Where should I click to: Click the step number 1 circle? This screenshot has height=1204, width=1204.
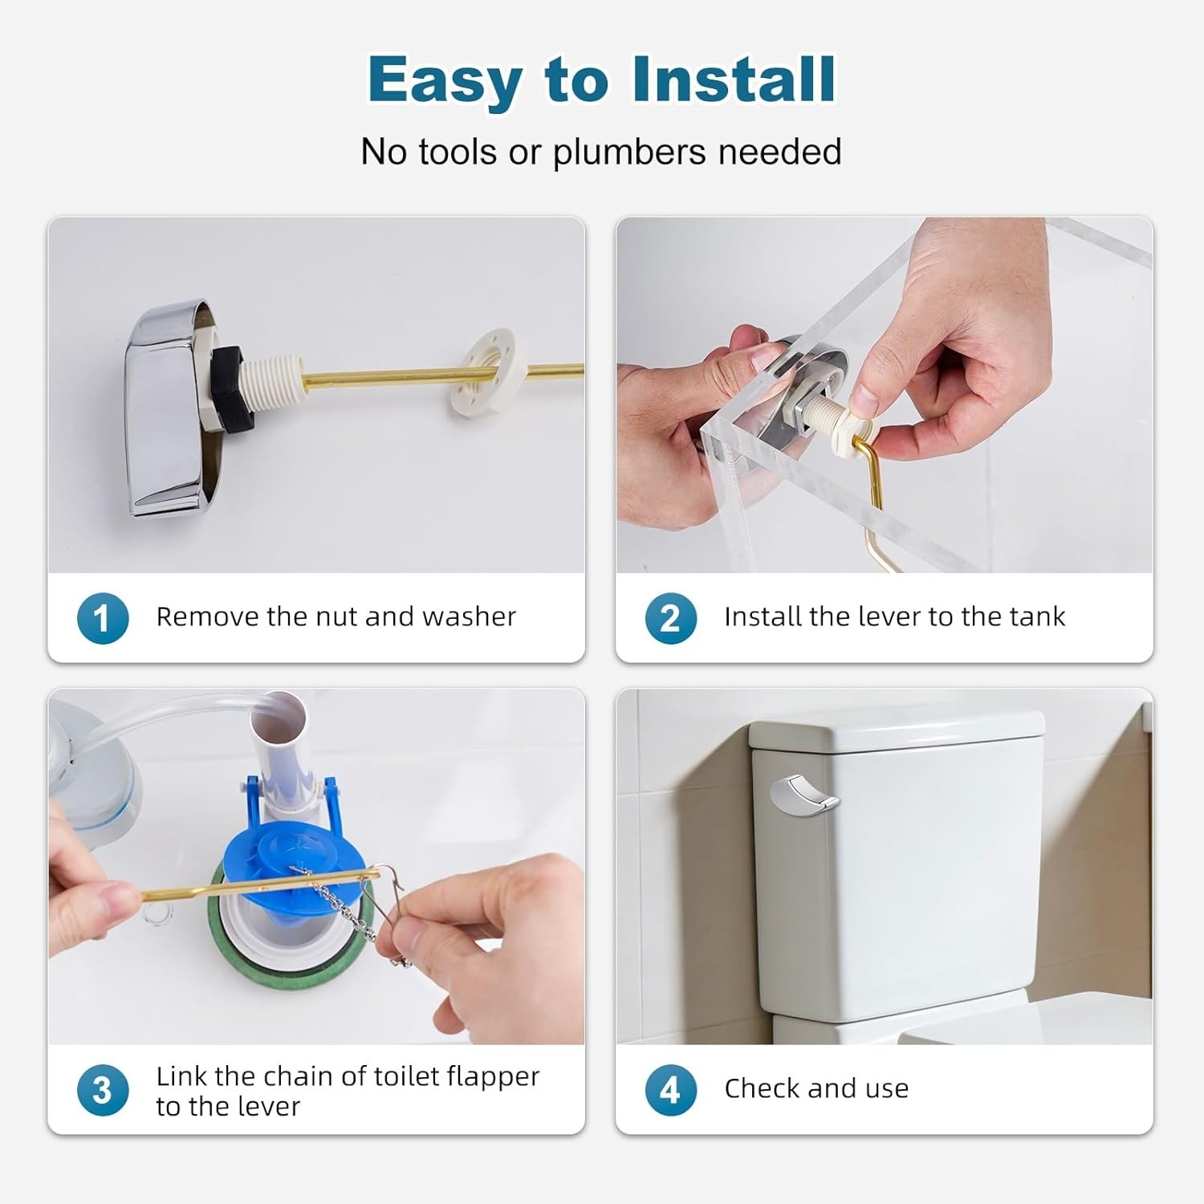pyautogui.click(x=103, y=618)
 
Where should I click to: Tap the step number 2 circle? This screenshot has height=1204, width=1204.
pyautogui.click(x=670, y=618)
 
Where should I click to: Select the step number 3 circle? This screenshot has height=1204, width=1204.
pyautogui.click(x=103, y=1090)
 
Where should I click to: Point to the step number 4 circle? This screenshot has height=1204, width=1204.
pyautogui.click(x=670, y=1090)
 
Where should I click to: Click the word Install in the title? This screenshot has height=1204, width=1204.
pyautogui.click(x=734, y=79)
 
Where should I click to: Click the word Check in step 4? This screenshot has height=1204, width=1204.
pyautogui.click(x=763, y=1088)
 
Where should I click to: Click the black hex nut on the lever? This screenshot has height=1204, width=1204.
pyautogui.click(x=231, y=388)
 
